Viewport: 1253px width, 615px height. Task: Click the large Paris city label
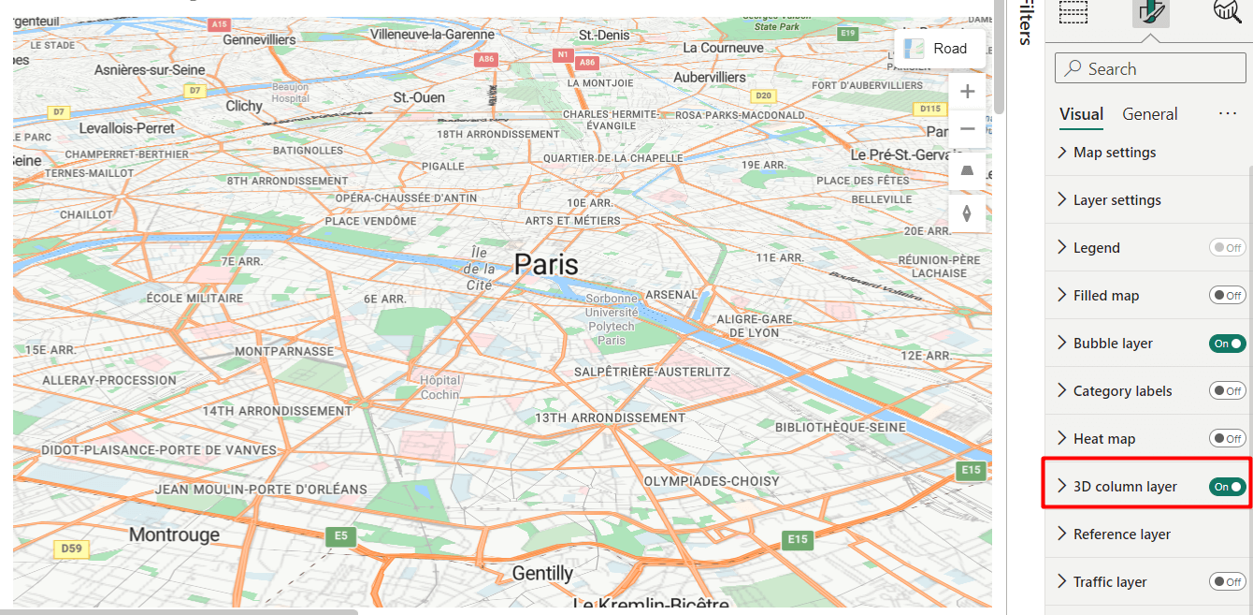click(546, 264)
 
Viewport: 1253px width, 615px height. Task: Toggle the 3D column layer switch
click(1227, 487)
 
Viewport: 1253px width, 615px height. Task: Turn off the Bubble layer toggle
click(1227, 344)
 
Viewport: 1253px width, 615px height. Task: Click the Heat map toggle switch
click(1227, 439)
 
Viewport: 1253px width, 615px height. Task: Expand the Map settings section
click(1114, 153)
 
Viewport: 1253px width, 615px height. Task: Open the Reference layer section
click(1121, 534)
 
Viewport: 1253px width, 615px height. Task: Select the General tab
click(1149, 114)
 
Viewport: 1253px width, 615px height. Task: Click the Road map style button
click(939, 49)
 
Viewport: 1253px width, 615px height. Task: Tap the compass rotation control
click(967, 213)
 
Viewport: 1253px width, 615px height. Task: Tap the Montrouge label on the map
click(174, 534)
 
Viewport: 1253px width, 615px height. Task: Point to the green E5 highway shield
click(340, 536)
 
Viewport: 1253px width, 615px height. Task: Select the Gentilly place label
click(542, 573)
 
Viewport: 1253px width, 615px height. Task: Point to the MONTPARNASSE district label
click(284, 351)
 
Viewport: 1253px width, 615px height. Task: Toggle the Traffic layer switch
click(1227, 582)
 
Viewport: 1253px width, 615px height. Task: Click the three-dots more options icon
click(1228, 114)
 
